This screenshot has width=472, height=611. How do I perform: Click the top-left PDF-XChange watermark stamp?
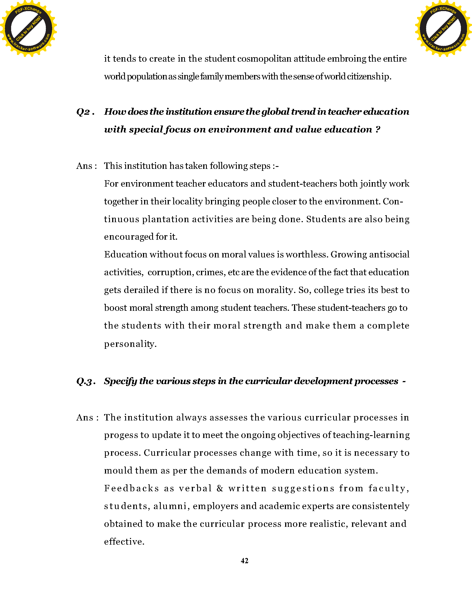pos(29,29)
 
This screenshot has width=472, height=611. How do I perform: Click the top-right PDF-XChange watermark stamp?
pos(443,29)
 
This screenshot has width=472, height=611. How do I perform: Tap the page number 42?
pos(244,561)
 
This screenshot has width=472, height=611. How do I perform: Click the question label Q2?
pos(83,112)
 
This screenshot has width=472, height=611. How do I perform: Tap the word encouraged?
pos(129,237)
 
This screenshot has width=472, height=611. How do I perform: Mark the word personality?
pos(130,344)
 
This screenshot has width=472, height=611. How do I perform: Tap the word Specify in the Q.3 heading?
pos(120,381)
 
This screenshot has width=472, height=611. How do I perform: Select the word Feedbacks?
pos(131,489)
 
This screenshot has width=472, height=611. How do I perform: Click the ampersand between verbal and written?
pos(220,489)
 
